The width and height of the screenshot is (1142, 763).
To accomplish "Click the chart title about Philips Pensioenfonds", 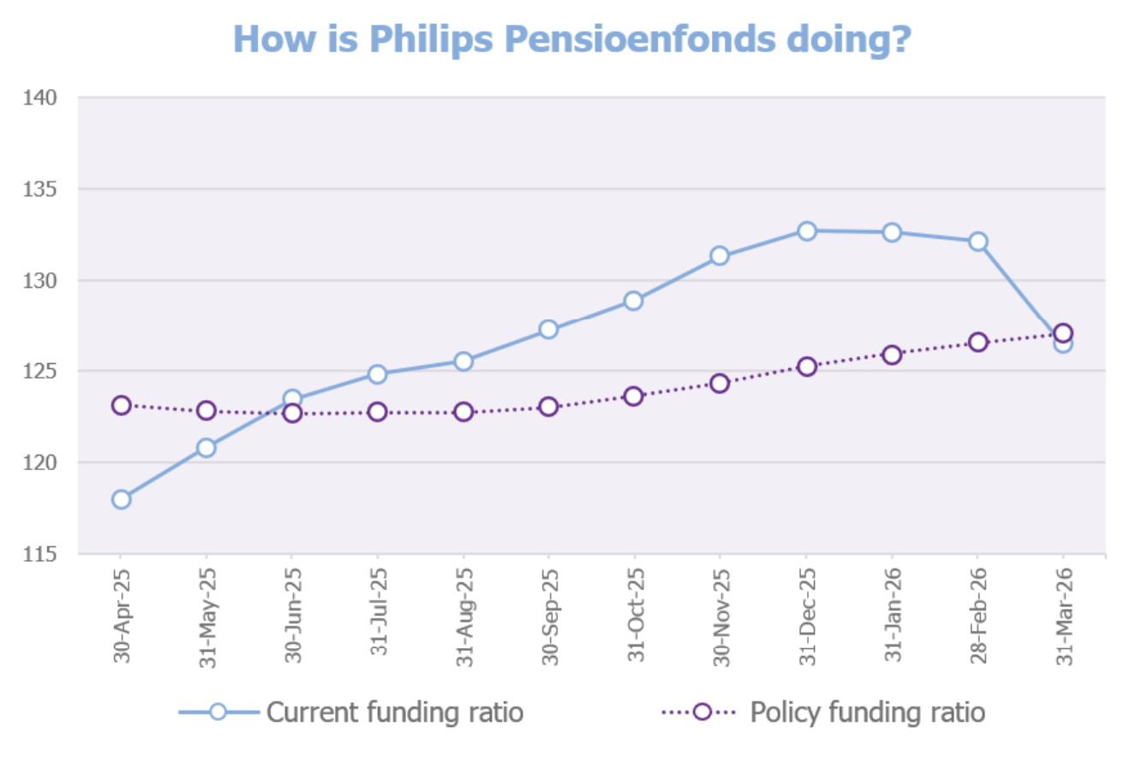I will (571, 39).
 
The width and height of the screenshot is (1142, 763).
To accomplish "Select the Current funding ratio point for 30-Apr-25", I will (121, 499).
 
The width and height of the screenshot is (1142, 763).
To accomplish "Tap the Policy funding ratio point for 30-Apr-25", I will (121, 405).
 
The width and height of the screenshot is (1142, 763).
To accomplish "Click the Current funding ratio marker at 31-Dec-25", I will (806, 230).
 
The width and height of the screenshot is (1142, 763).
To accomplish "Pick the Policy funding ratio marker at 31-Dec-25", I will (806, 367).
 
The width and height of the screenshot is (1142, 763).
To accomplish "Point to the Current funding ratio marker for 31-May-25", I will (206, 447).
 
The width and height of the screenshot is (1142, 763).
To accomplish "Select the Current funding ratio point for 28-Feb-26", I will (978, 241).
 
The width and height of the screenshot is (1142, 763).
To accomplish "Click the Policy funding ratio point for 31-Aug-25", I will (463, 412).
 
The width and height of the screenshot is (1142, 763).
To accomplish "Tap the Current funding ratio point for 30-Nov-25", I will (720, 255).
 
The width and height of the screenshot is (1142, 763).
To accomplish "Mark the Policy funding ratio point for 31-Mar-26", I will (1063, 333).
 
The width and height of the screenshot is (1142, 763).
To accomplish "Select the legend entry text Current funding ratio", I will (395, 712).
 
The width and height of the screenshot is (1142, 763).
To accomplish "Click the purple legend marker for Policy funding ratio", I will (703, 712).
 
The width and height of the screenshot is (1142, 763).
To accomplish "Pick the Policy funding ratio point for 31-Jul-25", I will (378, 412).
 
